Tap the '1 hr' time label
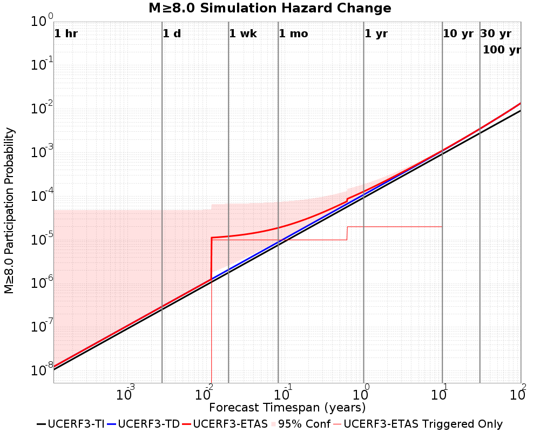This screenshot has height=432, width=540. [66, 34]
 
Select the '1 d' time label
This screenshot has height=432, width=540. [172, 34]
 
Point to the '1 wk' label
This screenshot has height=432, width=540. [243, 34]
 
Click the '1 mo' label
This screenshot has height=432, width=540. [293, 34]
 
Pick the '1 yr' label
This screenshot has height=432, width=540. [376, 34]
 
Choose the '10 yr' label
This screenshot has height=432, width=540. [458, 34]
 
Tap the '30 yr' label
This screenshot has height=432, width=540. [496, 34]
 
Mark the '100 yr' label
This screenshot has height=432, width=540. [502, 50]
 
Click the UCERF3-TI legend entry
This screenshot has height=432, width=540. [70, 424]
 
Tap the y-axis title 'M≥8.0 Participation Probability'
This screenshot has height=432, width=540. [9, 211]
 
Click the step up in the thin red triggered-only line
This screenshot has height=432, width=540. [347, 233]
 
